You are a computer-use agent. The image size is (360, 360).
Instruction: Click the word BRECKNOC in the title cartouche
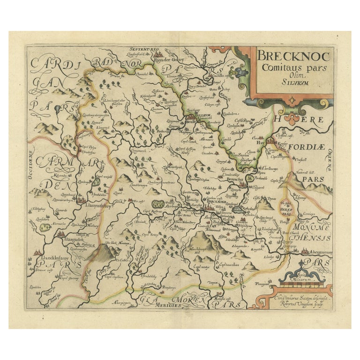pyautogui.click(x=291, y=58)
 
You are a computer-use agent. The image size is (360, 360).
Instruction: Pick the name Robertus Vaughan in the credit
pyautogui.click(x=290, y=303)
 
